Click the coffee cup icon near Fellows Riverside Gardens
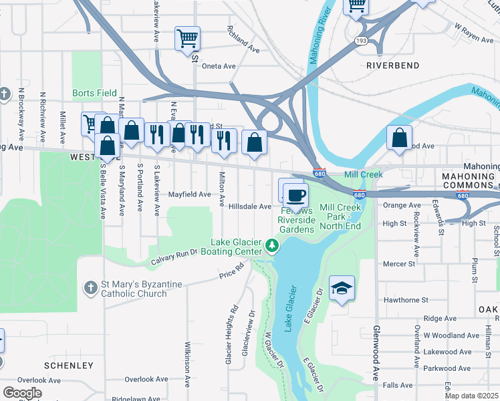(295, 195)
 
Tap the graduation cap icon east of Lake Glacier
(342, 288)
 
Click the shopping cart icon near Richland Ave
(188, 37)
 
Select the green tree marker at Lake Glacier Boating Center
(272, 247)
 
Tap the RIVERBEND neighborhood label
(393, 65)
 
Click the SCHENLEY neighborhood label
(69, 366)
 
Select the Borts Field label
(94, 94)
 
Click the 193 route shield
(362, 41)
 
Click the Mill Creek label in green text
(363, 174)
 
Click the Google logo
(21, 392)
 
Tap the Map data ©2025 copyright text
(471, 396)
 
